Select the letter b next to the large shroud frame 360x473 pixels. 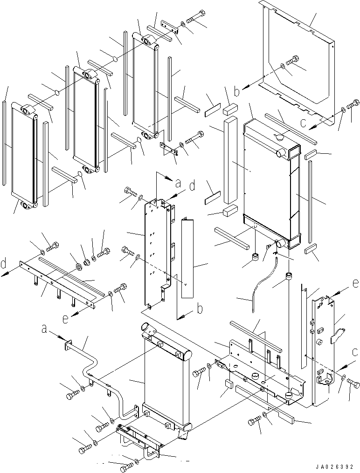[x=237, y=90]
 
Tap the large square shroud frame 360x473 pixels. [x=298, y=70]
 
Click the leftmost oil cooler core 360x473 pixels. [x=23, y=158]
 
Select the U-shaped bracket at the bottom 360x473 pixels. [x=140, y=440]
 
